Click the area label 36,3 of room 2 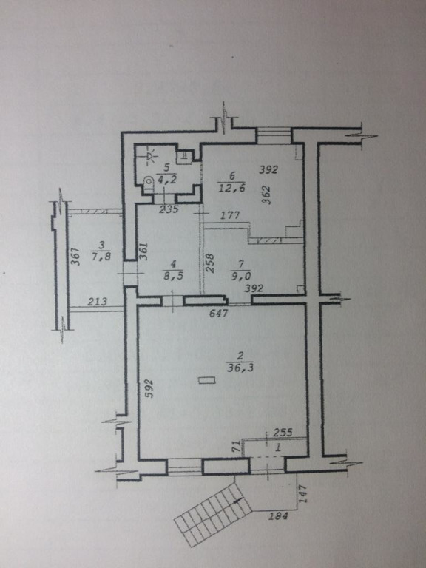(240, 368)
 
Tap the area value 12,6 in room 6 (231, 188)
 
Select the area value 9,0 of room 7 (241, 277)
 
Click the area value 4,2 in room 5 (167, 179)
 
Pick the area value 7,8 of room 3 (101, 257)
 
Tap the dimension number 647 (219, 312)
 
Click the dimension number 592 (149, 388)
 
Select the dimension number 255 (283, 432)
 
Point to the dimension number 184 (278, 515)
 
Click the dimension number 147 (303, 493)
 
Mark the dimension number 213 (98, 302)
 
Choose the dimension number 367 (75, 256)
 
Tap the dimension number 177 (230, 215)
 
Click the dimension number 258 (210, 263)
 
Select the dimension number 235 (169, 209)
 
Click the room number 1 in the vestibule (278, 447)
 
